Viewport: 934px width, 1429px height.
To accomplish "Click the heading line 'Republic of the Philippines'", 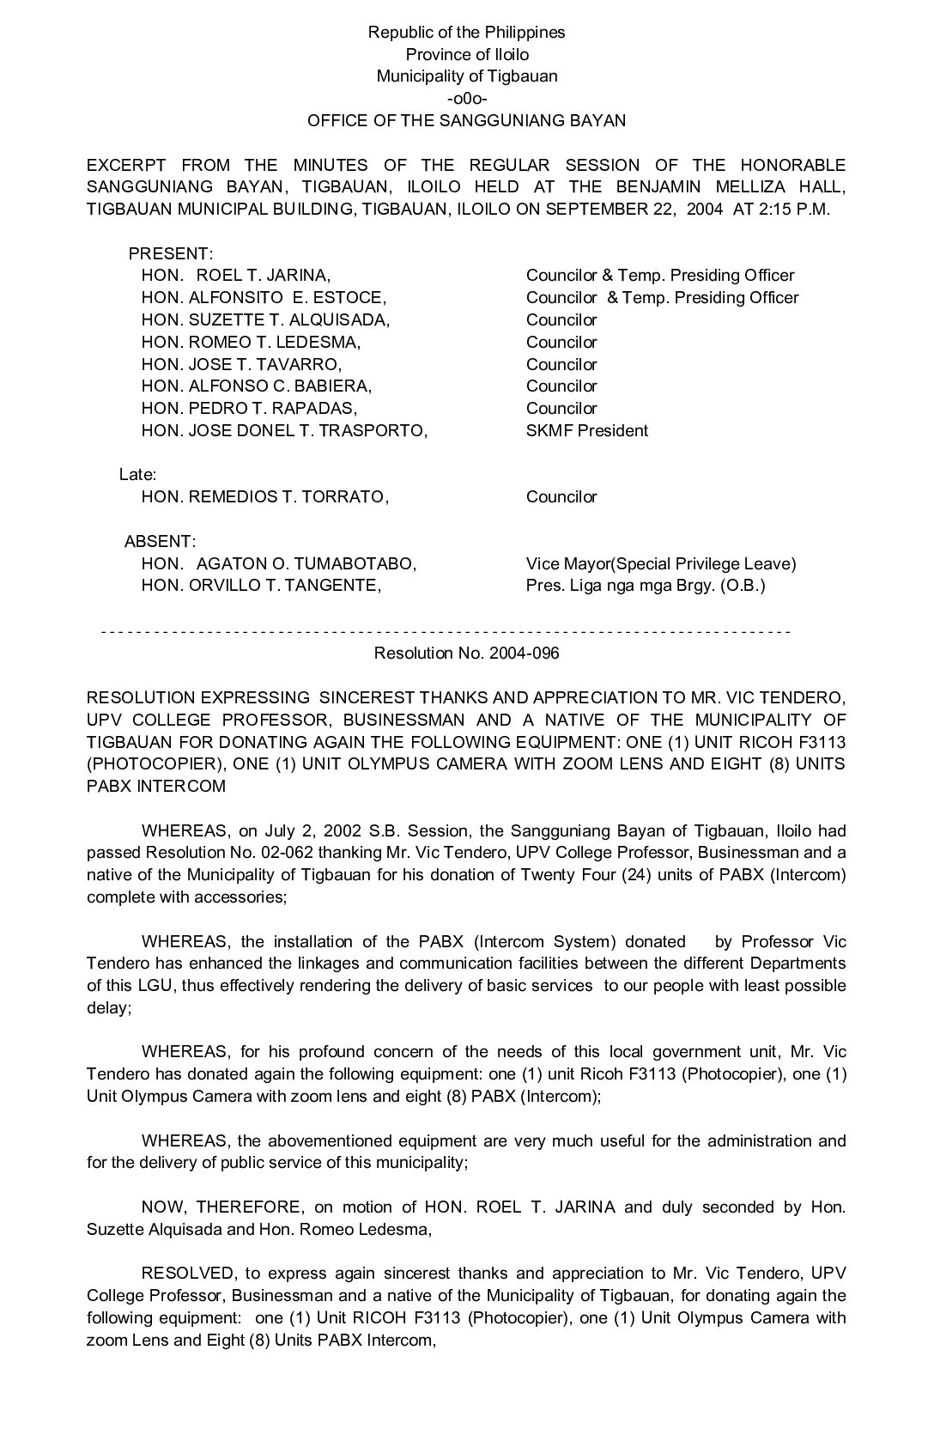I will click(466, 33).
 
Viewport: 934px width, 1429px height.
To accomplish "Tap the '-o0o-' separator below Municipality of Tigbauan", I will click(467, 98).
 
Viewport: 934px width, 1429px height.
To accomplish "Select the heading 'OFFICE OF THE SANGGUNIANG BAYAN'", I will click(466, 120).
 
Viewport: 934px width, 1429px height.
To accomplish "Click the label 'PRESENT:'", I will click(170, 254).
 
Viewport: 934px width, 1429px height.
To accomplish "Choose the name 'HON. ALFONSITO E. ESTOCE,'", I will click(264, 298).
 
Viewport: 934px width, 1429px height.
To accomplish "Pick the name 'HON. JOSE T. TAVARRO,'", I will click(241, 364).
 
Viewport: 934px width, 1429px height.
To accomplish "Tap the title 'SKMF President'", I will click(586, 430).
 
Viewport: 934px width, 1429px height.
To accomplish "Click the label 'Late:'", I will click(137, 474).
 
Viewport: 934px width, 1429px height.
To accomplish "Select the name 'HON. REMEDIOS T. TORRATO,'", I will click(265, 496).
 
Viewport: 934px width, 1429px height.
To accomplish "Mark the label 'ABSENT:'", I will click(160, 542).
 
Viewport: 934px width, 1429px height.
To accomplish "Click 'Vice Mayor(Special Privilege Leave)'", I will click(661, 564).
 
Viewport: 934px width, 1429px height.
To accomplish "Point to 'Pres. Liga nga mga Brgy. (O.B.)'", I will click(646, 586).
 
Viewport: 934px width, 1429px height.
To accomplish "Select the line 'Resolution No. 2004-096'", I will click(466, 654).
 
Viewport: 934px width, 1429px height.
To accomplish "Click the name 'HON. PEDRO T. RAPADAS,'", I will click(249, 409).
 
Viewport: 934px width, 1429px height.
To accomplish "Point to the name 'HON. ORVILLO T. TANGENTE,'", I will click(261, 586).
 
